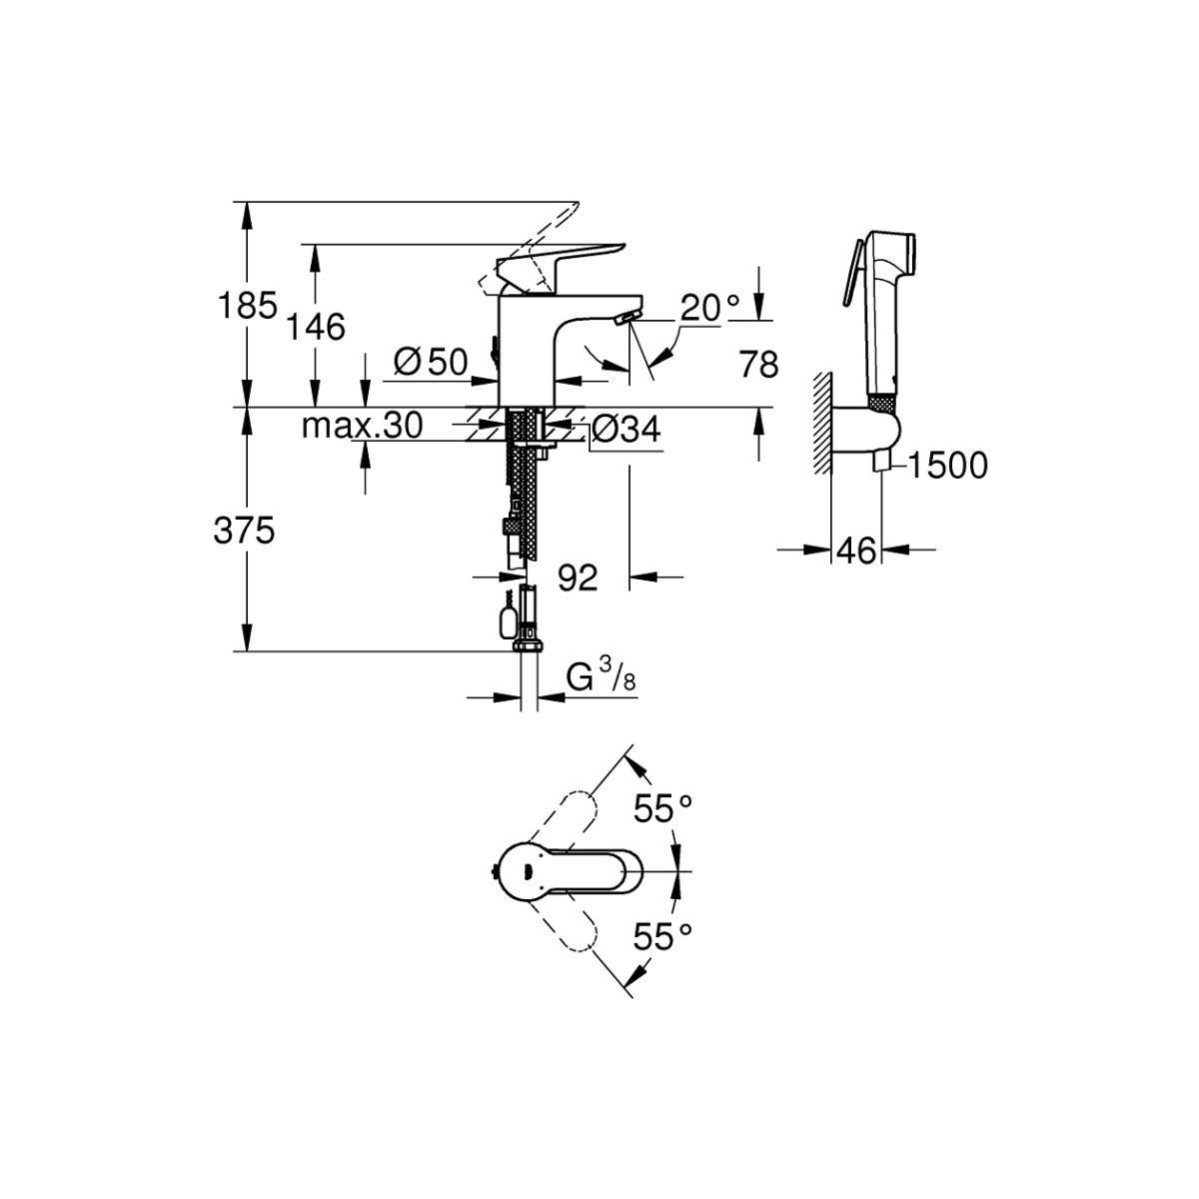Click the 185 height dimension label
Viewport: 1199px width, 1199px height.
click(x=247, y=306)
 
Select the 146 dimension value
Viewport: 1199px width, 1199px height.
click(x=316, y=327)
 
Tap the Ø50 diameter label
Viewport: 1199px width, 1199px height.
click(x=431, y=362)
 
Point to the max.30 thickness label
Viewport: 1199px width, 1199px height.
click(x=362, y=427)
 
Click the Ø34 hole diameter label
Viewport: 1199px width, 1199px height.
click(x=624, y=430)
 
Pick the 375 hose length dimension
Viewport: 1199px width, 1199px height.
click(x=244, y=532)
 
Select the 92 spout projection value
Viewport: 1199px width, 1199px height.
click(x=578, y=579)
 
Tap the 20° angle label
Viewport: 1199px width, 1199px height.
click(x=710, y=308)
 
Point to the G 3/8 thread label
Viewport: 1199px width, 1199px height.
click(x=601, y=677)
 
